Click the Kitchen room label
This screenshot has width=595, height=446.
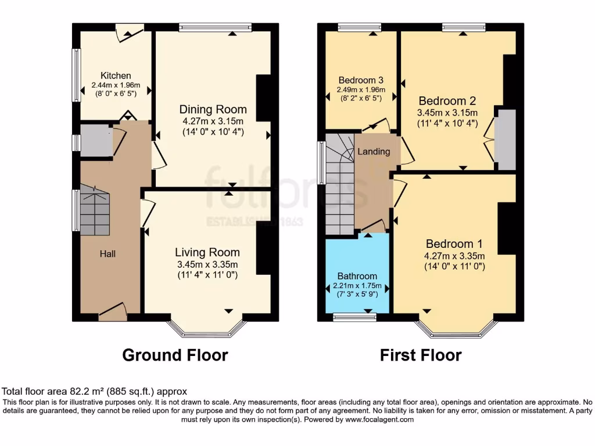tap(116, 75)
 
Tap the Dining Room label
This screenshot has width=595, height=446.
tap(213, 110)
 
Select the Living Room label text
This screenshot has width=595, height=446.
tap(207, 252)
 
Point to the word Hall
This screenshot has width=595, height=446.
tap(107, 254)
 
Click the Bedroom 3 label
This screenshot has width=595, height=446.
tap(361, 80)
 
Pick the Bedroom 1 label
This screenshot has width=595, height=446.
tap(454, 244)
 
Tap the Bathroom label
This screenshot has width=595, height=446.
tap(357, 276)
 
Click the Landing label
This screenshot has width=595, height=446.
tap(374, 152)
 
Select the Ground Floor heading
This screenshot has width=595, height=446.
tap(175, 355)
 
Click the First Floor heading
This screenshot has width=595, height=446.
tap(421, 355)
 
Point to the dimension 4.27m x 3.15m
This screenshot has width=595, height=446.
tap(213, 121)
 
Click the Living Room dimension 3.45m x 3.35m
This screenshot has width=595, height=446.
tap(207, 264)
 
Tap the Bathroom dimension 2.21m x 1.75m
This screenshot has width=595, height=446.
tap(357, 285)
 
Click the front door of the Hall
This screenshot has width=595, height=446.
tap(113, 312)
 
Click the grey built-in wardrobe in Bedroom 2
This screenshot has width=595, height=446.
tap(504, 139)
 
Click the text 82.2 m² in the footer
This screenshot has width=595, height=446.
tap(72, 392)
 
